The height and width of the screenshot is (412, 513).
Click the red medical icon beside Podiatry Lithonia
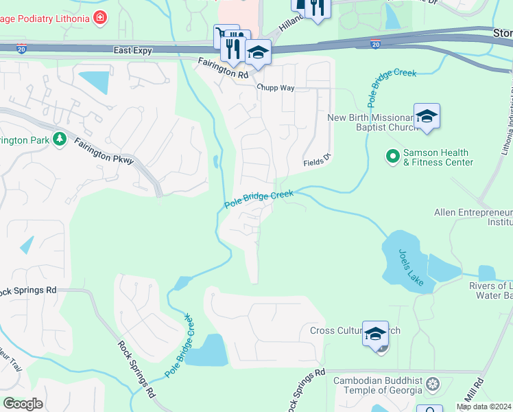101,16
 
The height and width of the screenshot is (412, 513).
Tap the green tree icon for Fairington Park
60,139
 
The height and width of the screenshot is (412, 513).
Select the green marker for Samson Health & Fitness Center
393,157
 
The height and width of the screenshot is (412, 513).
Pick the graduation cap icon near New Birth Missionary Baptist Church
427,116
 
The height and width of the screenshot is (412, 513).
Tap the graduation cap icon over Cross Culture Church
375,334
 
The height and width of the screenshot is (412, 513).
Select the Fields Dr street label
318,161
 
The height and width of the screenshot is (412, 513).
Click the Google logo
23,403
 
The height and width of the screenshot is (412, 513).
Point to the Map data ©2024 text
484,407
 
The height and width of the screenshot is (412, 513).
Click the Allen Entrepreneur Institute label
473,218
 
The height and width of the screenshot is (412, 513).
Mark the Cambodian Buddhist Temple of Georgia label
378,385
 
